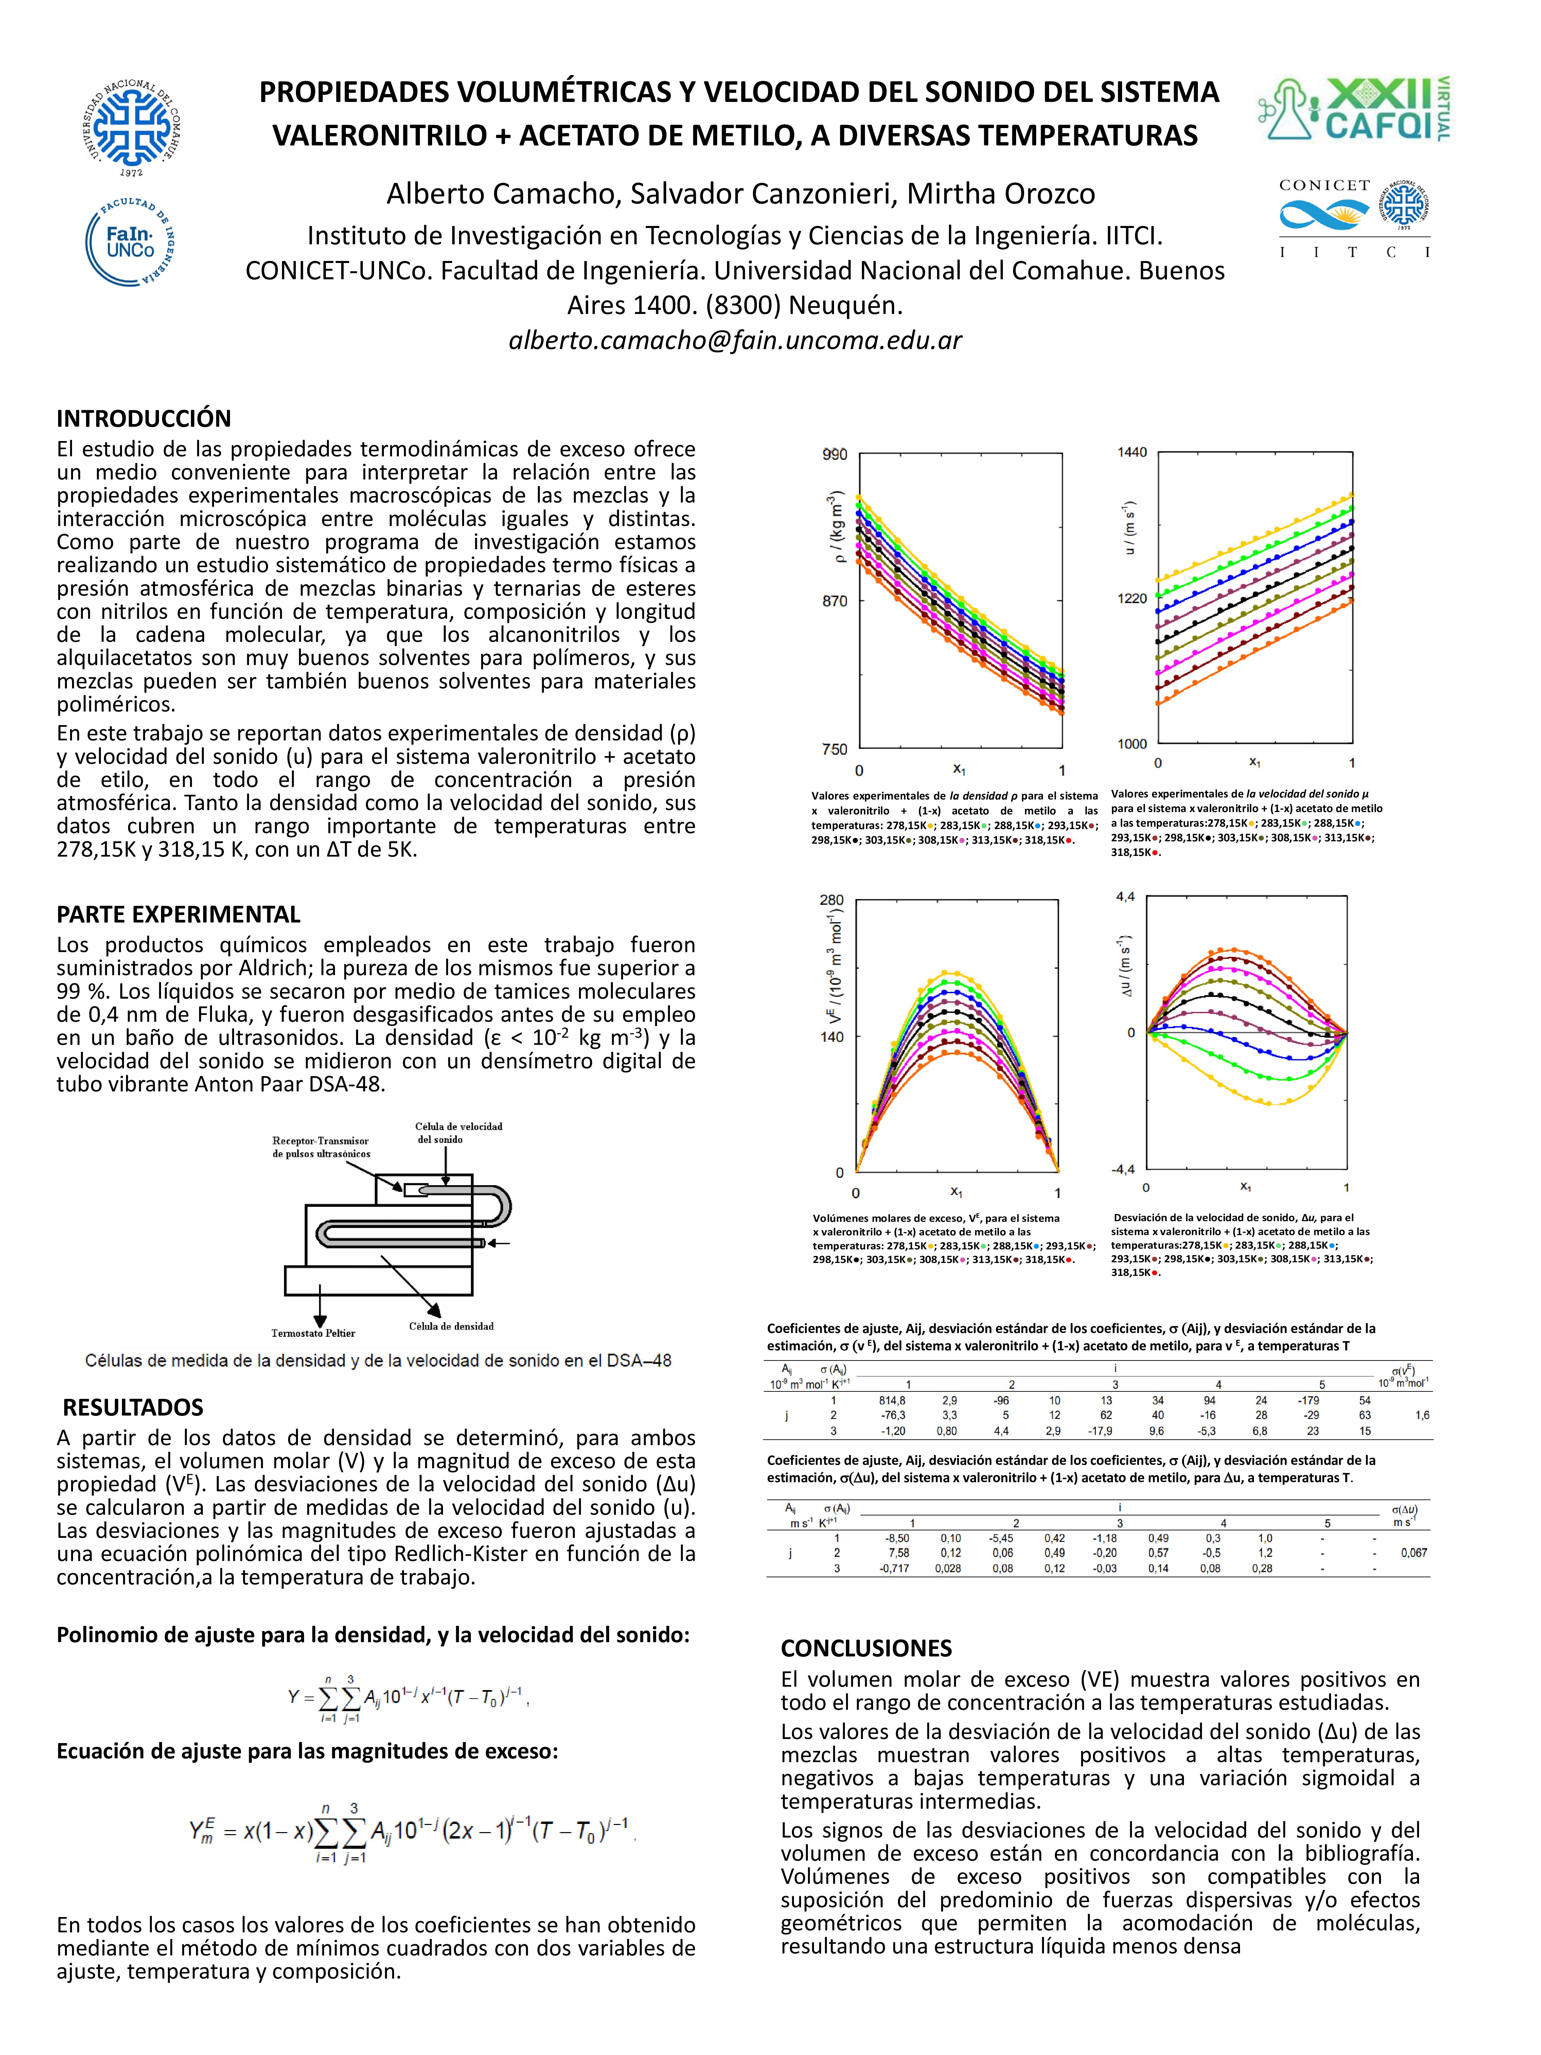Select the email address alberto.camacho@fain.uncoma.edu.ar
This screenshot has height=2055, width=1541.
[735, 340]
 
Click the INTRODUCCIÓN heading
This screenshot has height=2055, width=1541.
[144, 418]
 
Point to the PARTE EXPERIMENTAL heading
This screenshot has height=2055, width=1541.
[178, 914]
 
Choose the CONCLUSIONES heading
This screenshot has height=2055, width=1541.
[866, 1648]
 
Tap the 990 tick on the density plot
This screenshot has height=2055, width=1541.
[834, 454]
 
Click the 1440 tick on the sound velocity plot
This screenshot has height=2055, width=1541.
[1132, 453]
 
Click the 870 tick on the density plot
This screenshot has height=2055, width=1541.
[834, 601]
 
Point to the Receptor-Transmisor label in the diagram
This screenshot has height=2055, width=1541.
[320, 1141]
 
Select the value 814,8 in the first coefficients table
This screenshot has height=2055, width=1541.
[892, 1400]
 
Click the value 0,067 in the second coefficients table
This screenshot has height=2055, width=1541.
[1414, 1552]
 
